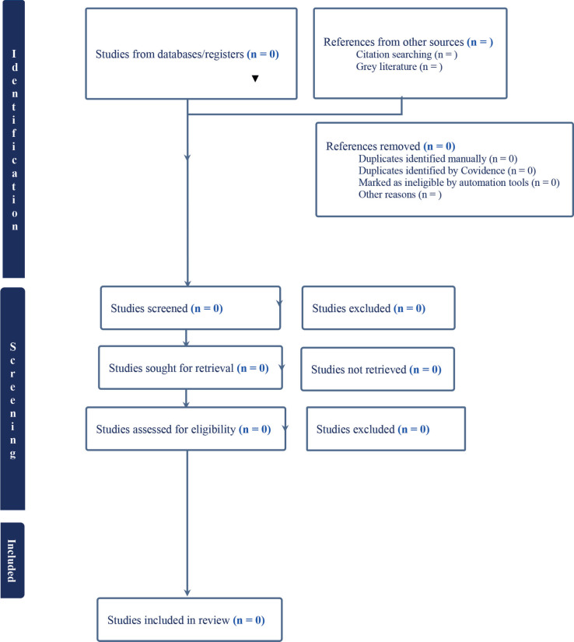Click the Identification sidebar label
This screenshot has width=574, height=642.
pyautogui.click(x=14, y=139)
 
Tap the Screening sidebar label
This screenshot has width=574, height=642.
pyautogui.click(x=13, y=400)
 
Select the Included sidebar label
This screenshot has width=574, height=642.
pyautogui.click(x=12, y=560)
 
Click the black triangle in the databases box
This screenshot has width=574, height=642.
pyautogui.click(x=255, y=78)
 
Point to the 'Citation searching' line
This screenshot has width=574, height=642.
pyautogui.click(x=407, y=54)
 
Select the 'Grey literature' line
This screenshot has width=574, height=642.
pyautogui.click(x=399, y=67)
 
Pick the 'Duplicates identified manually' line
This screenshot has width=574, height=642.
pyautogui.click(x=438, y=159)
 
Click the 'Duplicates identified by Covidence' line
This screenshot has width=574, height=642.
pyautogui.click(x=447, y=170)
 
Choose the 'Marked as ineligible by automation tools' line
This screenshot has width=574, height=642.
pyautogui.click(x=459, y=183)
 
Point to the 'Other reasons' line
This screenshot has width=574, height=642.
pyautogui.click(x=400, y=195)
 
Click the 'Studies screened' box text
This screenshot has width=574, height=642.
pyautogui.click(x=166, y=308)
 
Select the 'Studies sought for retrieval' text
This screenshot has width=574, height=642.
pyautogui.click(x=188, y=368)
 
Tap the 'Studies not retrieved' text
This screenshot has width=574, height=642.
pyautogui.click(x=376, y=370)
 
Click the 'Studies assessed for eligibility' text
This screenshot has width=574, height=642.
pyautogui.click(x=184, y=429)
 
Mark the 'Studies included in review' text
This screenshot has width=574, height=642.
pyautogui.click(x=186, y=620)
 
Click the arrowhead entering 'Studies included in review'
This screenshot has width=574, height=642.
pyautogui.click(x=187, y=592)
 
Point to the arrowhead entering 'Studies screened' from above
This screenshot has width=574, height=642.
pyautogui.click(x=187, y=283)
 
